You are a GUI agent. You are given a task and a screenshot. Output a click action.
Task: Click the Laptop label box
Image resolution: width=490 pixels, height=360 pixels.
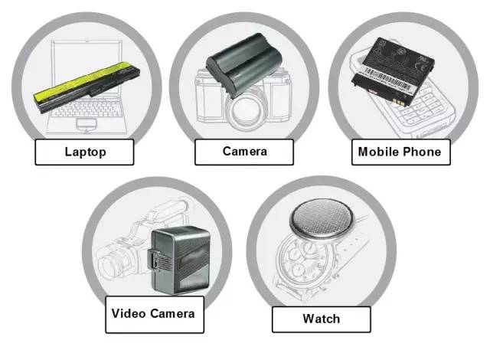click(84, 152)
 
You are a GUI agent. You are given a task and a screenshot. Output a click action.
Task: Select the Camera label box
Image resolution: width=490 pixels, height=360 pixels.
click(244, 152)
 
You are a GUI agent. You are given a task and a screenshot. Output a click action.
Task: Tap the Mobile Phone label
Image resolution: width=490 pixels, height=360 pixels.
click(401, 152)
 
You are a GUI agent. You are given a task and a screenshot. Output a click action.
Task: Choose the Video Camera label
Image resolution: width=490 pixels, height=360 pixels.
click(155, 314)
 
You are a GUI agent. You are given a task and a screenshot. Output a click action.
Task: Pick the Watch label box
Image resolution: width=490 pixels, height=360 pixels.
click(322, 319)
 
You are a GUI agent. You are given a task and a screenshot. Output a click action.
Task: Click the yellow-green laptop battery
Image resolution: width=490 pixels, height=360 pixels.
click(87, 87)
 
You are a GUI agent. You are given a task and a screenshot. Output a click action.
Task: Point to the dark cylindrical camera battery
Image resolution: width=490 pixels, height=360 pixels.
click(244, 65)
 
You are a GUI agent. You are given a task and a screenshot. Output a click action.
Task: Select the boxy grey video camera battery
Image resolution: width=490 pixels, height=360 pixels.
click(181, 260)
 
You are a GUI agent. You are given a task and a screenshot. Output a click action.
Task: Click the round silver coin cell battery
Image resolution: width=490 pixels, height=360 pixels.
click(322, 220)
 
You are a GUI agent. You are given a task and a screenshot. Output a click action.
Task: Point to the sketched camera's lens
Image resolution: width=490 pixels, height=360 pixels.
click(245, 111)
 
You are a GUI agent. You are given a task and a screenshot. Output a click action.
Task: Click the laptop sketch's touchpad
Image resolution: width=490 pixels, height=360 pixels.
click(87, 125)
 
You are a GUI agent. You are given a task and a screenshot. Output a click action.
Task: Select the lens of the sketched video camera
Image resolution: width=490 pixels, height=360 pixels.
click(110, 262)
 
